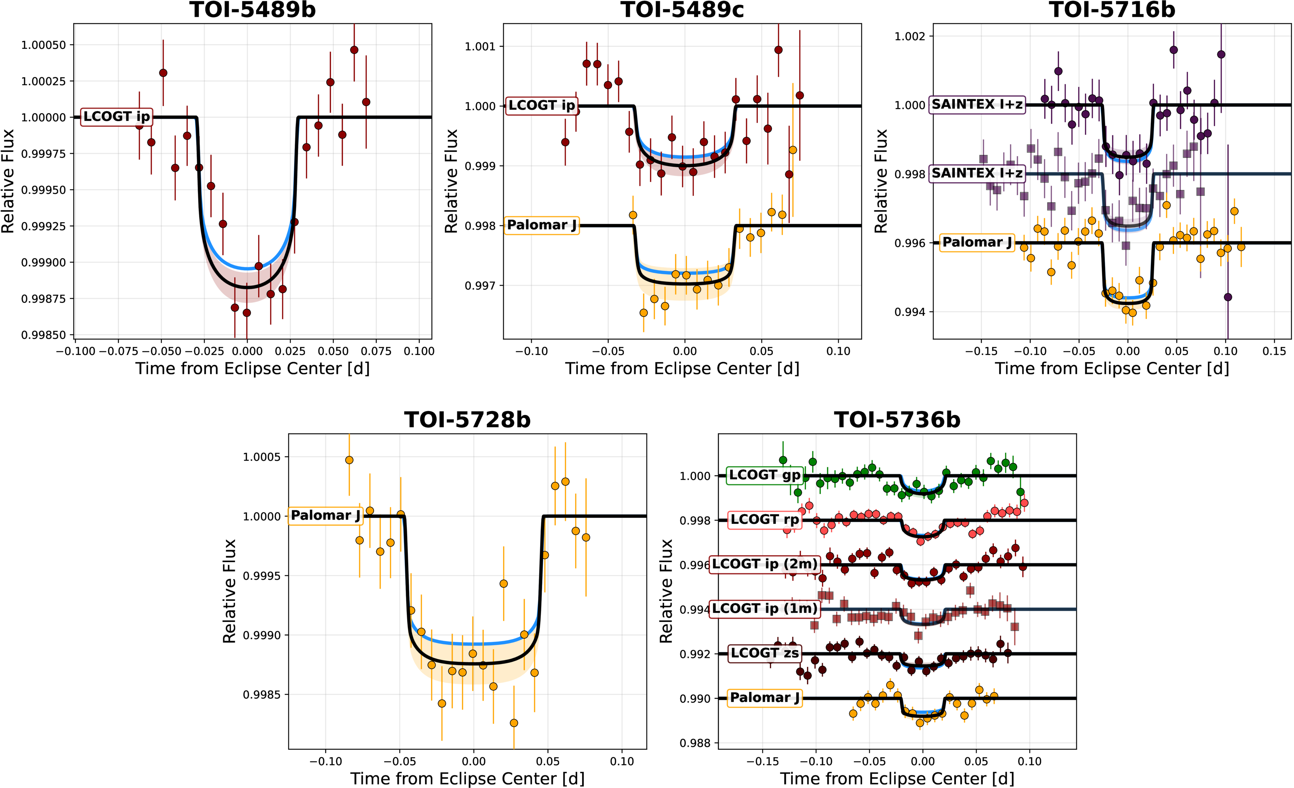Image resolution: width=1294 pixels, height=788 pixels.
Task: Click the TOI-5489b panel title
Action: tap(252, 10)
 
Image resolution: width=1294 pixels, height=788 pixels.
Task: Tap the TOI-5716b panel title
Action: tap(1112, 10)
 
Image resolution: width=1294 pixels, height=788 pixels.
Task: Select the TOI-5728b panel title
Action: tap(467, 420)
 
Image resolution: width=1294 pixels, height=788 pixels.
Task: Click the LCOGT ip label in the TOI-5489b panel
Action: tap(117, 117)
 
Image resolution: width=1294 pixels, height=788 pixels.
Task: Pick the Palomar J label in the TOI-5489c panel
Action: tap(542, 225)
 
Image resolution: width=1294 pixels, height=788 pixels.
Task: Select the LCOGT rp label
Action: tap(765, 520)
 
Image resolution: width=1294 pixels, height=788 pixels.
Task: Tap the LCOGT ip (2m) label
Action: tap(765, 564)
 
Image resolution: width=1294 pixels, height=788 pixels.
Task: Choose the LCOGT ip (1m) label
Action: tap(765, 609)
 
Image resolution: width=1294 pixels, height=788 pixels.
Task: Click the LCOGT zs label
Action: tap(765, 653)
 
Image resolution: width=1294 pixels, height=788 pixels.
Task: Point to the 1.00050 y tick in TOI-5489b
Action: tap(44, 45)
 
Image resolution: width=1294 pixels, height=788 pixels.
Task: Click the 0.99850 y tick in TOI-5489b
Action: tap(44, 335)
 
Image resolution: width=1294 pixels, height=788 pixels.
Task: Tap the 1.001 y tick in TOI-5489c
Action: tap(480, 47)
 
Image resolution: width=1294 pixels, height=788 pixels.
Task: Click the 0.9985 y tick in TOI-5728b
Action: tap(265, 694)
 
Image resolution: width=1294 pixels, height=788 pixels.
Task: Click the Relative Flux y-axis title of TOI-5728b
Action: tap(230, 590)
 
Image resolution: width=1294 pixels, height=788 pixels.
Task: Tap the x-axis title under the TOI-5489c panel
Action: tap(682, 369)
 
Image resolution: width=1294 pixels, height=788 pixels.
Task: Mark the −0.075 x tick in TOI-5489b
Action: tap(118, 351)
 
